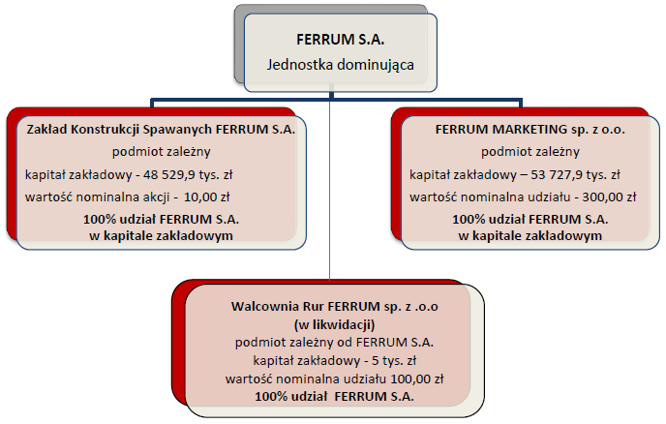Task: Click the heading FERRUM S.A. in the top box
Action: click(x=340, y=40)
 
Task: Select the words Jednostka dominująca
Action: click(x=340, y=65)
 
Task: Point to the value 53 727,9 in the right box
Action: click(x=551, y=174)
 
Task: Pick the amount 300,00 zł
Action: click(x=609, y=197)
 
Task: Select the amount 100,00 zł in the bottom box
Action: click(x=417, y=379)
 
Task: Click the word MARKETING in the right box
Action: click(x=530, y=129)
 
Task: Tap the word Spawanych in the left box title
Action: click(x=177, y=129)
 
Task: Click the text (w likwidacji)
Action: click(x=335, y=324)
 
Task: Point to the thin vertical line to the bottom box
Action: click(x=330, y=186)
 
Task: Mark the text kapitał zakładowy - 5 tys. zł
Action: click(x=335, y=361)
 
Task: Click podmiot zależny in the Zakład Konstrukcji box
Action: click(x=162, y=152)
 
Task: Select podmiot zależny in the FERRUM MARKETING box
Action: click(x=530, y=152)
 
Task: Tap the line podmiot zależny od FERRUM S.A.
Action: click(x=335, y=343)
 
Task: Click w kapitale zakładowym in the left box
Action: click(x=161, y=236)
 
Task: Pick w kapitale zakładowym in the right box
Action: click(x=530, y=236)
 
